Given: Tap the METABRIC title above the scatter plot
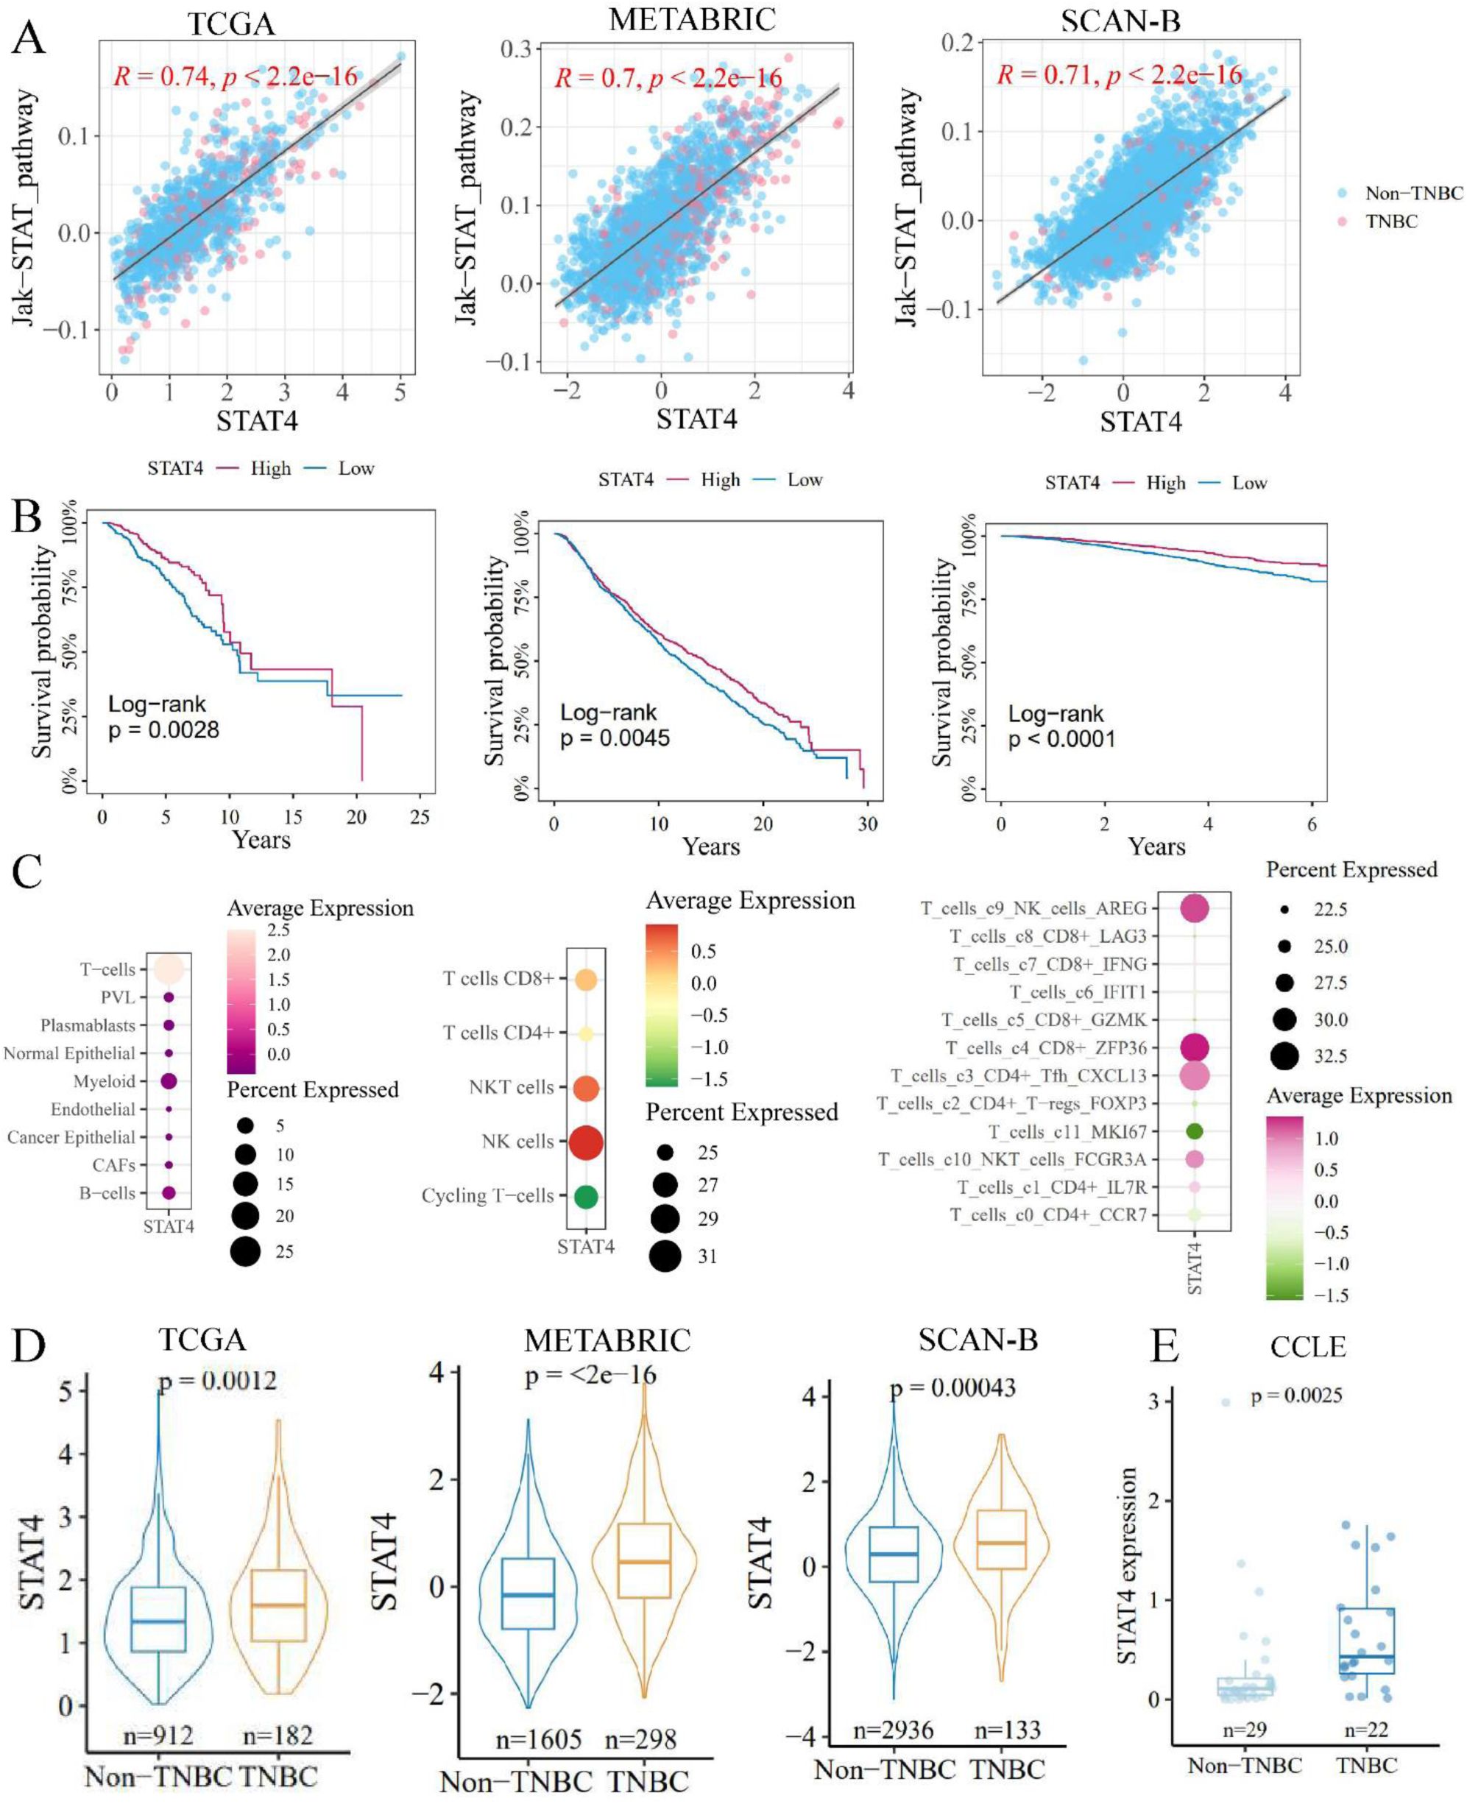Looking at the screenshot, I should [692, 18].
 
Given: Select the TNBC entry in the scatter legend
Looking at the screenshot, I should [1391, 222].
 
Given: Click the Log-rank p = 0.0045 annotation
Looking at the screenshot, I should [615, 725].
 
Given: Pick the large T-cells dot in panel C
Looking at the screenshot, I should [168, 969].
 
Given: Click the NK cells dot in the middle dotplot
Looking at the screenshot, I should [586, 1142].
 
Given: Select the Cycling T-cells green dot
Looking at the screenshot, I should [586, 1197].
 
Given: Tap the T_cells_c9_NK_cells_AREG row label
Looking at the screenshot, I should [1033, 908].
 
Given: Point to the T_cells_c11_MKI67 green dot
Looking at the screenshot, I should [1194, 1131].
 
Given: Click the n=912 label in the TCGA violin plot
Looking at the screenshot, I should [158, 1736].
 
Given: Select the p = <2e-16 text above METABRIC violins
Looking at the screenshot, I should [590, 1376].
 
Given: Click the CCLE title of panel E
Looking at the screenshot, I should [1307, 1347].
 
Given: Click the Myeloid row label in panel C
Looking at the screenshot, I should [104, 1081].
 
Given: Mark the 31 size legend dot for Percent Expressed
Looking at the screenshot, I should [665, 1256].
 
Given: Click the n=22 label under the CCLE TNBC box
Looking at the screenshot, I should [1365, 1730].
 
